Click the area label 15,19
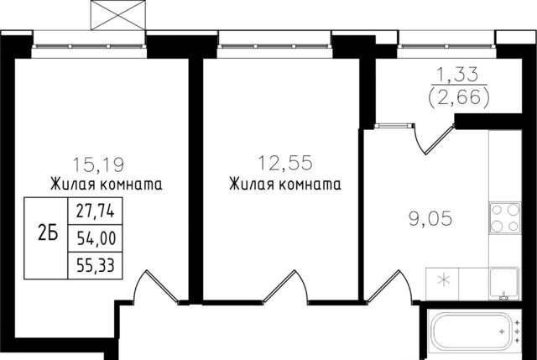click(x=98, y=164)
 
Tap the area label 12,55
click(x=285, y=163)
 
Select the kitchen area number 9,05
click(x=430, y=218)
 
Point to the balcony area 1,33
click(x=458, y=75)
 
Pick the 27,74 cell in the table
click(x=95, y=211)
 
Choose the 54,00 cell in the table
click(x=95, y=238)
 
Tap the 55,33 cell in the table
click(x=95, y=265)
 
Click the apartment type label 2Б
click(x=48, y=234)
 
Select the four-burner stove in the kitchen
click(x=505, y=218)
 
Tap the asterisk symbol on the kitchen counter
click(x=443, y=281)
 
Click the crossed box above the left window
click(x=118, y=15)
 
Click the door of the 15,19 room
click(x=156, y=287)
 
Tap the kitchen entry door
click(x=389, y=287)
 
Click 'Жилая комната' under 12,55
click(x=285, y=185)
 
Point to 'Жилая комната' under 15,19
click(x=107, y=185)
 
